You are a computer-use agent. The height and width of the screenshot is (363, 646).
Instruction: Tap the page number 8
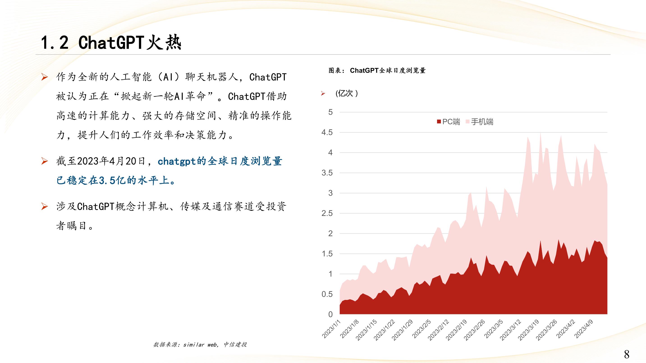pos(626,354)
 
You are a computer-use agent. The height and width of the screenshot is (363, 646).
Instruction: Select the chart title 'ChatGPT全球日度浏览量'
pos(388,70)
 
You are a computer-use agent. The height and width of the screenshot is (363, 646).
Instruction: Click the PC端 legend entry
pos(448,122)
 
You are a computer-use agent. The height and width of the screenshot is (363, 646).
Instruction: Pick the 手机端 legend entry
pos(479,122)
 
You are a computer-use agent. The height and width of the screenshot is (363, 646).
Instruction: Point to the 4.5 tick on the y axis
pos(327,132)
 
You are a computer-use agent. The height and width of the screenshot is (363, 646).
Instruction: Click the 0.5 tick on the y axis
pos(327,294)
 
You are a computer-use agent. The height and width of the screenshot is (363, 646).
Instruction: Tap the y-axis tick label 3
pos(330,193)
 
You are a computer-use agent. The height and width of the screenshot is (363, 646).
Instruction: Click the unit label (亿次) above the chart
pos(347,93)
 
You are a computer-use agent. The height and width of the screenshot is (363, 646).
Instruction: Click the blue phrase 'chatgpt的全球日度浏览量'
pos(220,161)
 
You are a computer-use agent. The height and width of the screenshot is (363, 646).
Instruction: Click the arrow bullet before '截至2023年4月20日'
pos(44,161)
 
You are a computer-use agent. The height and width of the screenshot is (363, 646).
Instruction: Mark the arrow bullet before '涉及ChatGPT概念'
pos(44,206)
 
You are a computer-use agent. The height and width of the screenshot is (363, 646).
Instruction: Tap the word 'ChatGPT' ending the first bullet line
pos(268,77)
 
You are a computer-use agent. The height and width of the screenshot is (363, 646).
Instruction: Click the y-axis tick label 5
pos(330,112)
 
